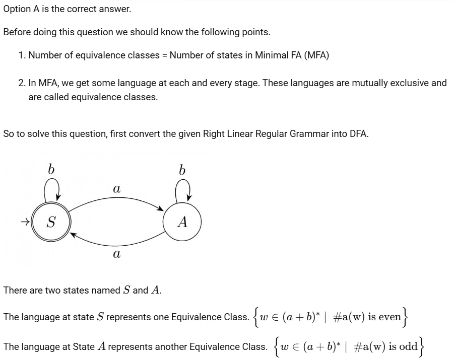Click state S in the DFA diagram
tap(51, 222)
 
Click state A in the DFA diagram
tap(182, 222)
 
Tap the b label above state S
tap(51, 169)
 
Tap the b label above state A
tap(182, 170)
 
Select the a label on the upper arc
tap(116, 189)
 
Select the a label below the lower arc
tap(116, 254)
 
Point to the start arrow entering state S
tap(25, 222)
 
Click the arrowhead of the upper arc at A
tap(160, 208)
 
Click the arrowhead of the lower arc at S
tap(74, 235)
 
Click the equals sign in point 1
tap(165, 55)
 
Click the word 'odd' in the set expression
tap(408, 346)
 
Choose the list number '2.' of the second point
tap(22, 83)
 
